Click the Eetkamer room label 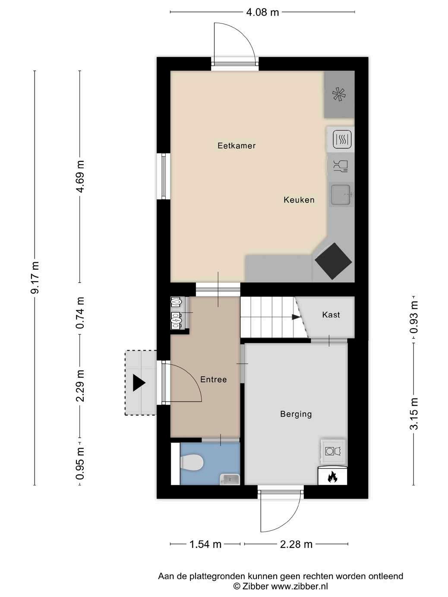237,145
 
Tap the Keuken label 299,200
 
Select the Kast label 331,315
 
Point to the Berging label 296,414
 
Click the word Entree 214,380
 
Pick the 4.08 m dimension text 262,12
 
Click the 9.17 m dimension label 35,277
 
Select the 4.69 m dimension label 80,176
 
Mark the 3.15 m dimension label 414,413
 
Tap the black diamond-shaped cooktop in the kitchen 333,261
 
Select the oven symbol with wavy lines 342,139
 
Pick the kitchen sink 341,195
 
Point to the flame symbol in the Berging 332,477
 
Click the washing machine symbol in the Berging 333,451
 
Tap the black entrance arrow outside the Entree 139,383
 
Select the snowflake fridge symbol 339,94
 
